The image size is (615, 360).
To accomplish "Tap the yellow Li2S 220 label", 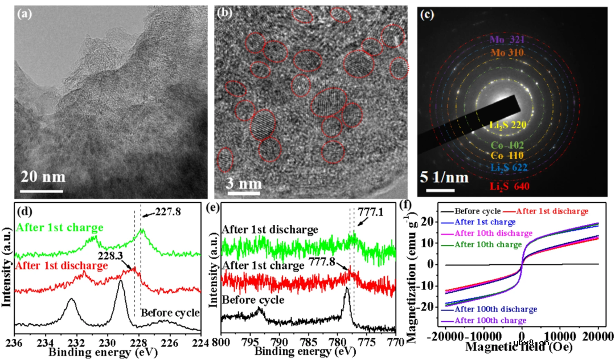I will coord(508,125).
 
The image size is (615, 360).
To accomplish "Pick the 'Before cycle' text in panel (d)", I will coord(170,312).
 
